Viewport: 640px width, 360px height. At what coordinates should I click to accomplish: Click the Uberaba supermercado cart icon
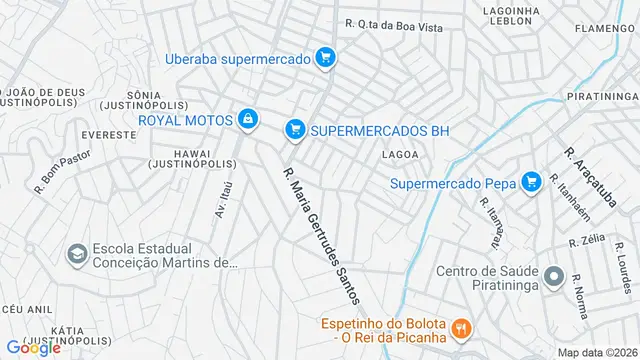point(324,58)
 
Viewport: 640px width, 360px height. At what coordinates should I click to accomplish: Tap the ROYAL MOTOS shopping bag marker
point(247,121)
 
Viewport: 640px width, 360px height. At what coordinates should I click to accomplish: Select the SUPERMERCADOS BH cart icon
point(294,129)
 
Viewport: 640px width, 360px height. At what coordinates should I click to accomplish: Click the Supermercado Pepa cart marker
point(532,182)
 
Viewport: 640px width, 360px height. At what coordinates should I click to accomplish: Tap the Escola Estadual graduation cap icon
point(76,255)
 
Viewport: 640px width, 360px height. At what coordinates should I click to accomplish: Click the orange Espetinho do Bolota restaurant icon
point(460,328)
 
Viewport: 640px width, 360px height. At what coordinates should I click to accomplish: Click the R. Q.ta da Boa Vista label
point(393,25)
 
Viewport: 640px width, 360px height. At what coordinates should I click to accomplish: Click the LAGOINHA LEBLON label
point(511,17)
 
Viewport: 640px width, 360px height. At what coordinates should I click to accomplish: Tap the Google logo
point(33,347)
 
